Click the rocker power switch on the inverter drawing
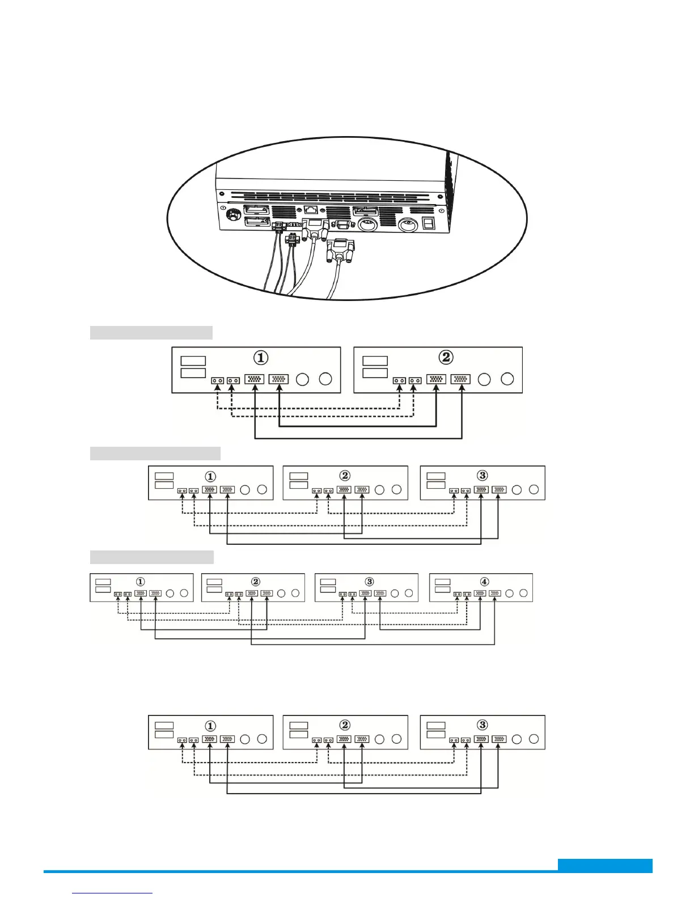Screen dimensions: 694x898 coord(429,223)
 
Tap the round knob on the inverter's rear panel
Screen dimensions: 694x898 coord(232,216)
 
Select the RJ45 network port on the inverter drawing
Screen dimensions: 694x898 coord(311,210)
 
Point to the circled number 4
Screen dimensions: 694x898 coord(484,582)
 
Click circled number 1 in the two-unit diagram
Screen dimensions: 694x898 coord(261,358)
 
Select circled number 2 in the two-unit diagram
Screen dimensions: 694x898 coord(446,357)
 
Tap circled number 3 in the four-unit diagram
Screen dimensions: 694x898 coord(369,582)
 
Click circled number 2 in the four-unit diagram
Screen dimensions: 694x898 coord(256,582)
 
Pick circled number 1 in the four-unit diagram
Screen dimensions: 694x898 coord(141,582)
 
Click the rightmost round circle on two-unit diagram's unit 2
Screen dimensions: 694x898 coord(507,379)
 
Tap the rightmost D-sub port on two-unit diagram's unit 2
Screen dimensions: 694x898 coord(460,379)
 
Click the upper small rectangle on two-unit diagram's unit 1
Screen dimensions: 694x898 coord(193,361)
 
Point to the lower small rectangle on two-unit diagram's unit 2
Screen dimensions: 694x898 coord(375,372)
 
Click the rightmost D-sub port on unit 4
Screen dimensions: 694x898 coord(495,593)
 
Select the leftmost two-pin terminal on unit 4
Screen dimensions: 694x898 coord(457,594)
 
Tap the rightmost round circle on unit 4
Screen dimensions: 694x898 coord(523,593)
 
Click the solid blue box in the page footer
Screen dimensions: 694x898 coord(605,865)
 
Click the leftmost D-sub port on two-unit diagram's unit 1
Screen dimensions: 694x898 coord(255,379)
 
